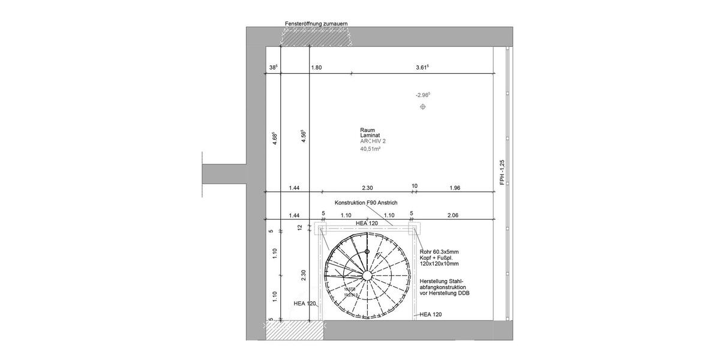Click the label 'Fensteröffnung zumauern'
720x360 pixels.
point(316,23)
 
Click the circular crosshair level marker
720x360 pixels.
point(423,107)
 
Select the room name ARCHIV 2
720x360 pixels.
point(373,142)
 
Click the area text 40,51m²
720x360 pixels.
point(371,149)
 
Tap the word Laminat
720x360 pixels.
point(370,136)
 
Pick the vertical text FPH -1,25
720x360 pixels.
point(502,172)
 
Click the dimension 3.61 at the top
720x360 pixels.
point(422,68)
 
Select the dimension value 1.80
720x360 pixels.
point(316,68)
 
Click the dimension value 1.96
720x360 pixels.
point(455,188)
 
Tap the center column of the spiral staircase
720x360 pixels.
point(366,275)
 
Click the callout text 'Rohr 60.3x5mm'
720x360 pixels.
point(439,251)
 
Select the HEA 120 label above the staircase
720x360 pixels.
point(366,223)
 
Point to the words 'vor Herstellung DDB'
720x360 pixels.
point(445,293)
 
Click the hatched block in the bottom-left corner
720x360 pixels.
point(286,330)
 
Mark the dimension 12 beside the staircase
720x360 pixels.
point(301,227)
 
